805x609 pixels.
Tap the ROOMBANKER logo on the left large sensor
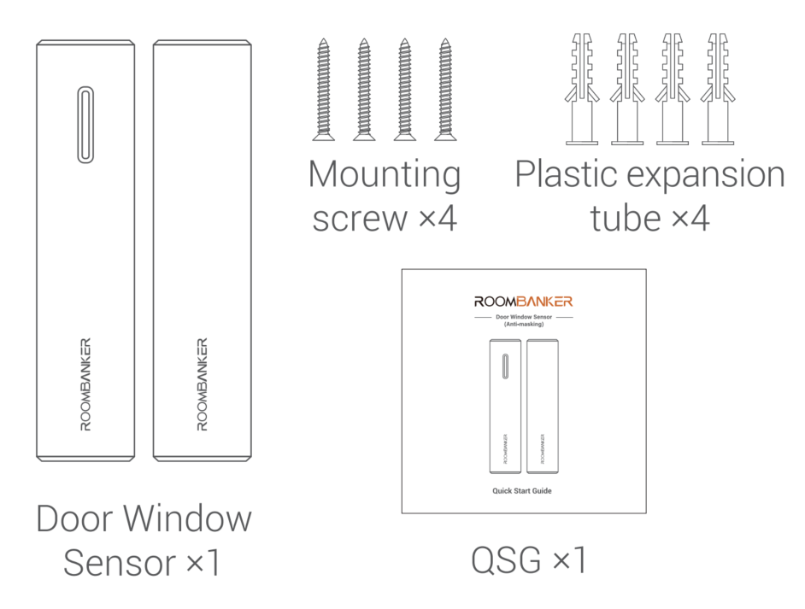85,384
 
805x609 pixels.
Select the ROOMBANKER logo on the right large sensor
203,384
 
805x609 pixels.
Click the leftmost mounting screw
323,90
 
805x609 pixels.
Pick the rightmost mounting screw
445,90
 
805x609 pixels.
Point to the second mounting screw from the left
364,90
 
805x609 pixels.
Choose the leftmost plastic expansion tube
582,90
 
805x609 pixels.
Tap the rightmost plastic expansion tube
718,90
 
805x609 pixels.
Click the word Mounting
385,176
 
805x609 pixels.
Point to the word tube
626,218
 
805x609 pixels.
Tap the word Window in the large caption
187,518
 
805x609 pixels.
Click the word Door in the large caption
75,518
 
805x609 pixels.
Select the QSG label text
529,559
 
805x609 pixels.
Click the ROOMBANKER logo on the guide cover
523,302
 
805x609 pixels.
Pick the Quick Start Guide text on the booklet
522,491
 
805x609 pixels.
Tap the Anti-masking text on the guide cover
524,325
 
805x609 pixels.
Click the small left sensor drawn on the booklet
505,407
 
